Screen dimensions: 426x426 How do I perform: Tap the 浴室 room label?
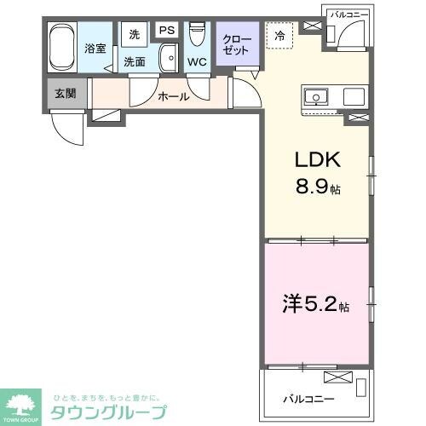(95, 49)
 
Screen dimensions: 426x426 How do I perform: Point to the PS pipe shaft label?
(166, 31)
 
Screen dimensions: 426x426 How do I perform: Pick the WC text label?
(197, 63)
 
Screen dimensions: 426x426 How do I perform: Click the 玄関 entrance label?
(65, 92)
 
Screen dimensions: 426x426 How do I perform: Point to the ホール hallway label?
(173, 96)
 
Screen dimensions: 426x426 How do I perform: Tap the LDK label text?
(318, 160)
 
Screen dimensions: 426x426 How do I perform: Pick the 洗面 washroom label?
(135, 62)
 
